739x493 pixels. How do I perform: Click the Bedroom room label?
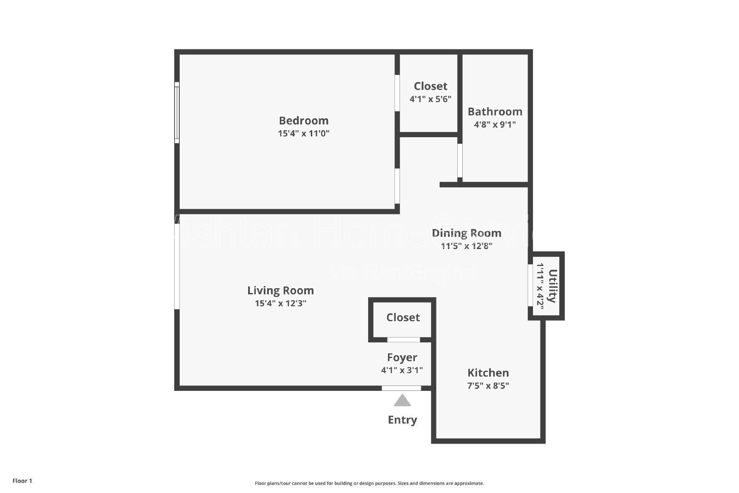(303, 121)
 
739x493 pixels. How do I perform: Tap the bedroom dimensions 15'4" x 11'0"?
(303, 134)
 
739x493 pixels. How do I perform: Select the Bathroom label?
(495, 112)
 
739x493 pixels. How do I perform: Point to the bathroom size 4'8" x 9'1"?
(495, 124)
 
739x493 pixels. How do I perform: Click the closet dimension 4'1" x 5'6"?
(430, 99)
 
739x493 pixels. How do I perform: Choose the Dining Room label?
(466, 233)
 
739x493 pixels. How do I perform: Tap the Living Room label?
(280, 291)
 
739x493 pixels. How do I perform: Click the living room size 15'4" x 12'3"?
(280, 304)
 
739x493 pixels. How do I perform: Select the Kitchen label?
(488, 373)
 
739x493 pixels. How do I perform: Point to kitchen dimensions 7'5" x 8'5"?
(488, 385)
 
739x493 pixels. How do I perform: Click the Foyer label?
(402, 358)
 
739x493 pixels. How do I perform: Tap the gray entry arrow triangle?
(402, 401)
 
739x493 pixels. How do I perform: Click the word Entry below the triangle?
(402, 420)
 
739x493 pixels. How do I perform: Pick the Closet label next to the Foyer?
(403, 317)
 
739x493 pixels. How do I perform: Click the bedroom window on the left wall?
(176, 112)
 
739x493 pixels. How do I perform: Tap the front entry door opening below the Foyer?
(401, 388)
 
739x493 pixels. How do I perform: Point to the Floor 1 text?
(22, 481)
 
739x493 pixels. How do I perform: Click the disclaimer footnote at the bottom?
(369, 483)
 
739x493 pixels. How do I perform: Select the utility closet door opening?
(530, 285)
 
